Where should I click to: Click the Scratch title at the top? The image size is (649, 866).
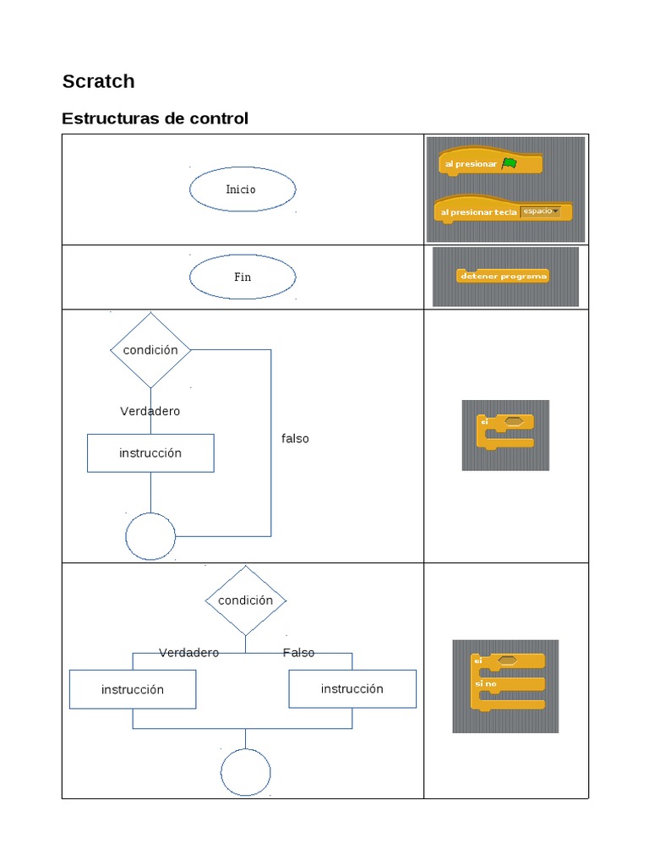point(98,81)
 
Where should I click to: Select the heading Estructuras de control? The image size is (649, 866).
point(155,118)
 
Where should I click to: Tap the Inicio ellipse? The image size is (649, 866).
point(242,189)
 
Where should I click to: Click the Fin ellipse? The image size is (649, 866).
point(242,277)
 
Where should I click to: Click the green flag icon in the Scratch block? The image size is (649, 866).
point(509,163)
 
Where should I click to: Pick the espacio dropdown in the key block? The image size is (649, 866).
point(540,211)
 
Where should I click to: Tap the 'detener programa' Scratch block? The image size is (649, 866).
point(503,276)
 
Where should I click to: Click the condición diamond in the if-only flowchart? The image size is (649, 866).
point(150,350)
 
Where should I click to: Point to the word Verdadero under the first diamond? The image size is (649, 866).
point(150,411)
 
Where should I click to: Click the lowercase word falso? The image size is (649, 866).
point(295,439)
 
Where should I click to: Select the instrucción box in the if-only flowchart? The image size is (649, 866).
point(150,453)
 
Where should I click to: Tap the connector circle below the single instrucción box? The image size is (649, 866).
point(150,536)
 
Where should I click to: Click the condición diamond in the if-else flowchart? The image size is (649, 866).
point(245,600)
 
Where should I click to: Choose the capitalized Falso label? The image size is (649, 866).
point(298,653)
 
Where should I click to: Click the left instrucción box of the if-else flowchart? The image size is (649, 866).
point(133,689)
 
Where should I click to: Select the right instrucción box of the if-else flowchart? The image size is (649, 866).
point(352,688)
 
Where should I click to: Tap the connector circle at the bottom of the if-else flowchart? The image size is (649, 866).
point(245,772)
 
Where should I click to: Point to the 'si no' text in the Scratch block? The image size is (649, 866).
point(486,682)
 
